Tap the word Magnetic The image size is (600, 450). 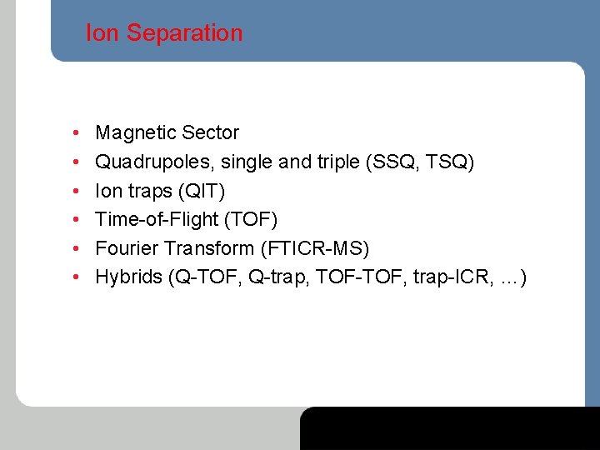134,132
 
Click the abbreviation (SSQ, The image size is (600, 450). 391,162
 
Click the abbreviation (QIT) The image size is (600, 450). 200,191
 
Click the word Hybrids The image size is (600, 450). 128,277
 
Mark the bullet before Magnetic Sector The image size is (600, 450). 75,133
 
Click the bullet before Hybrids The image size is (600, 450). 75,277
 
